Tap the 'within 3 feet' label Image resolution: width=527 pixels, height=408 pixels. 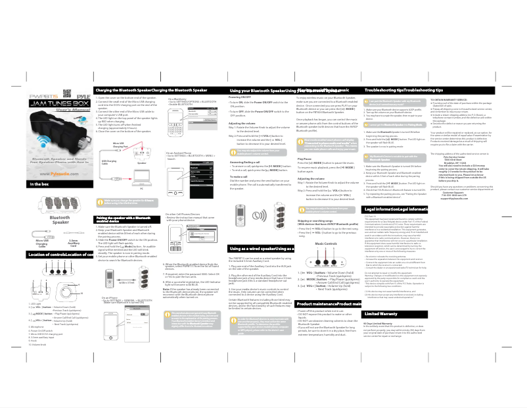(x=145, y=284)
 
